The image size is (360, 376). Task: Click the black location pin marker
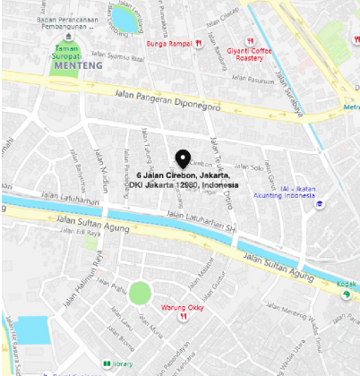(184, 158)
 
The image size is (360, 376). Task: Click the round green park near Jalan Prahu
(141, 293)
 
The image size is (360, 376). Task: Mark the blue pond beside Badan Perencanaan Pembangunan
(122, 17)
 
